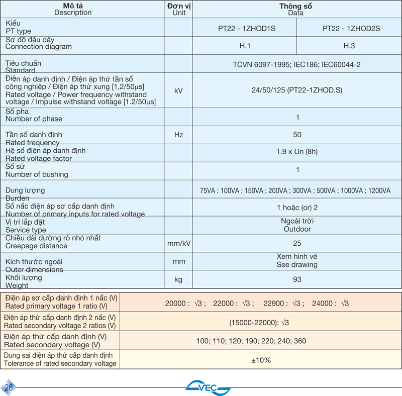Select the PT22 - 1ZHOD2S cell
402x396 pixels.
point(351,29)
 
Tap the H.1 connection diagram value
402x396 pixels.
point(245,46)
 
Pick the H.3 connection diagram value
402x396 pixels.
point(349,46)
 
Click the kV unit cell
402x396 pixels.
point(178,91)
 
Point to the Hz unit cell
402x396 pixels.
point(178,135)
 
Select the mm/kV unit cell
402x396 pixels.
point(178,243)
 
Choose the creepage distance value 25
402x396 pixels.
point(297,243)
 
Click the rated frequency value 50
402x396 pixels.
point(297,135)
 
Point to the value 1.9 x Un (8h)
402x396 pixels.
point(297,152)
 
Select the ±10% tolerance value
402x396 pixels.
point(261,360)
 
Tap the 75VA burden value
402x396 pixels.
point(208,191)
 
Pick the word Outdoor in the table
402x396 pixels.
point(297,229)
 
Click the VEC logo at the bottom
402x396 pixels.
point(208,387)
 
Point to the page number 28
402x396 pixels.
point(9,387)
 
